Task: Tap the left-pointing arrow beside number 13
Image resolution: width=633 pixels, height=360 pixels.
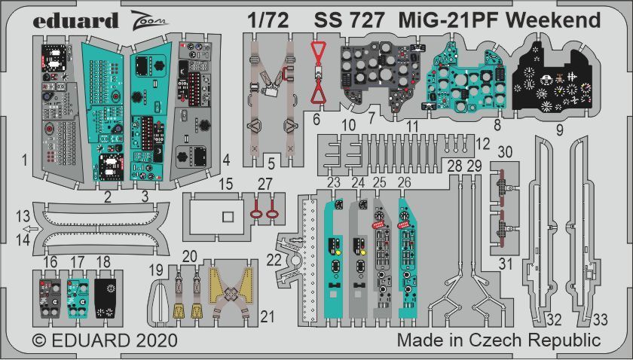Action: (x=29, y=230)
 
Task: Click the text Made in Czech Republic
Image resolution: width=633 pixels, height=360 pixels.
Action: (x=498, y=340)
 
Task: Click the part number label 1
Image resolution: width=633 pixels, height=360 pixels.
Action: (x=25, y=160)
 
